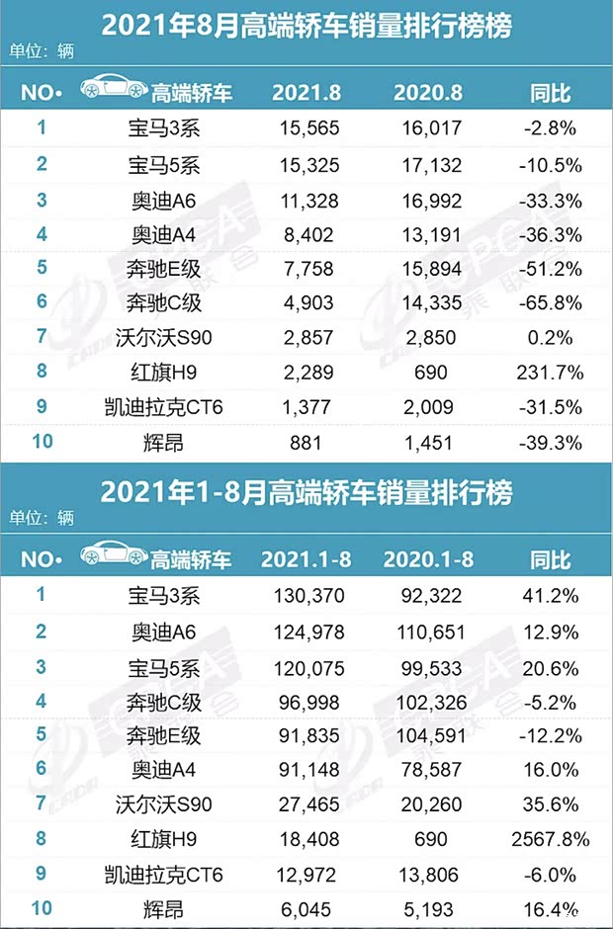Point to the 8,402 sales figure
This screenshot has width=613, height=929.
[x=306, y=233]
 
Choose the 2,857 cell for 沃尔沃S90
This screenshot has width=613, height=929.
[x=306, y=338]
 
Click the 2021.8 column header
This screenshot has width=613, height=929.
[x=306, y=94]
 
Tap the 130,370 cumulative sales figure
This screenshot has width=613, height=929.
[x=306, y=596]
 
